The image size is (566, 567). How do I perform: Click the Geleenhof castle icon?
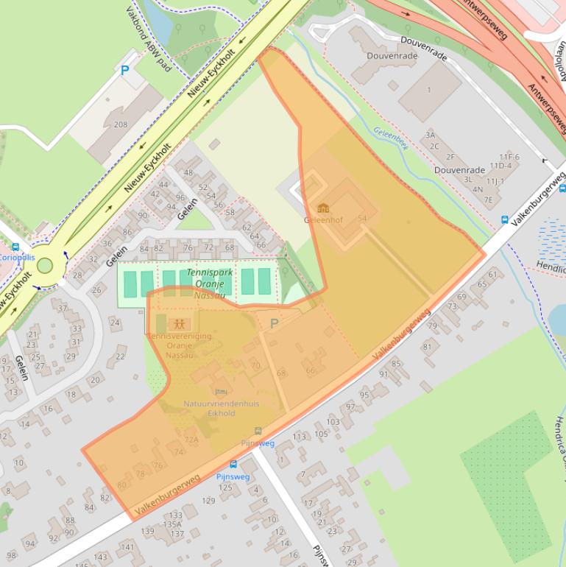[323, 208]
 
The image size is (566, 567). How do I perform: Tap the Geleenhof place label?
[323, 219]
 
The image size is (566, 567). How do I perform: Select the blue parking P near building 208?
[124, 71]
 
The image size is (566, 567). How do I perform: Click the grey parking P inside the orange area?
[275, 323]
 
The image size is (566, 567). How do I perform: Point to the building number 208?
[120, 124]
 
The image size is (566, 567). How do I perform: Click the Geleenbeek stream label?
[390, 136]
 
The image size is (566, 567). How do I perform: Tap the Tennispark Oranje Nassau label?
[209, 283]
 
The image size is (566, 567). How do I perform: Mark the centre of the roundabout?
[45, 265]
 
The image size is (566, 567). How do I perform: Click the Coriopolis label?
[16, 258]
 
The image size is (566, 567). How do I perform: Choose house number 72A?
[191, 440]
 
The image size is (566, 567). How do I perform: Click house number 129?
[208, 501]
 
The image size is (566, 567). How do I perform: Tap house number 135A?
[173, 524]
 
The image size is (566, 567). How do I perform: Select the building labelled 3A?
[431, 135]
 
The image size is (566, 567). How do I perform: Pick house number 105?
[322, 434]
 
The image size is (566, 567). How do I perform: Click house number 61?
[492, 275]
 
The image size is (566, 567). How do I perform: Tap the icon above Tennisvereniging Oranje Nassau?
[178, 323]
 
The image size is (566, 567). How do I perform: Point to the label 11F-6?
[509, 157]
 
